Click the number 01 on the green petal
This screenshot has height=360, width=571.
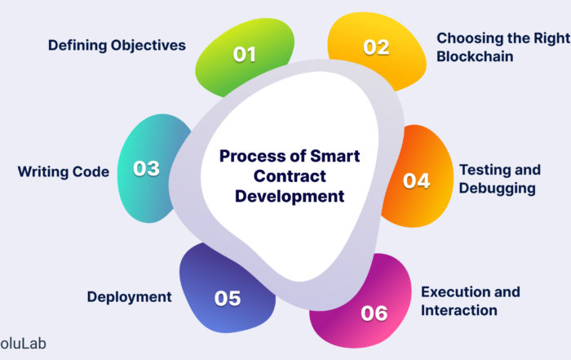tap(245, 55)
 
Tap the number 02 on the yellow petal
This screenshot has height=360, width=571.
tap(376, 47)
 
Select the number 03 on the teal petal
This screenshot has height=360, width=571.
tap(146, 168)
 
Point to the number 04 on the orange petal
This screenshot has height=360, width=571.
tap(416, 180)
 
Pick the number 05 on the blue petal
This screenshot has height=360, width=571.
tap(228, 299)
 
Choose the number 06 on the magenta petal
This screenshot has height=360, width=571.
tap(374, 313)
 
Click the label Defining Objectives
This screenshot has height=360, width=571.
tap(117, 45)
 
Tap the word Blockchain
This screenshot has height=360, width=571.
tap(475, 56)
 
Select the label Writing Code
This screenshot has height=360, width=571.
tap(64, 171)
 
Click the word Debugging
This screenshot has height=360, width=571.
tap(497, 189)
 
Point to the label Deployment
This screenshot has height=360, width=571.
tap(129, 297)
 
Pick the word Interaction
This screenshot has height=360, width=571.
tap(458, 310)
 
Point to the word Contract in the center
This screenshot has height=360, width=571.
tap(290, 176)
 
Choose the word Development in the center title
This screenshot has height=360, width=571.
tap(290, 197)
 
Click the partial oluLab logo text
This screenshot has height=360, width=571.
tap(23, 344)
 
